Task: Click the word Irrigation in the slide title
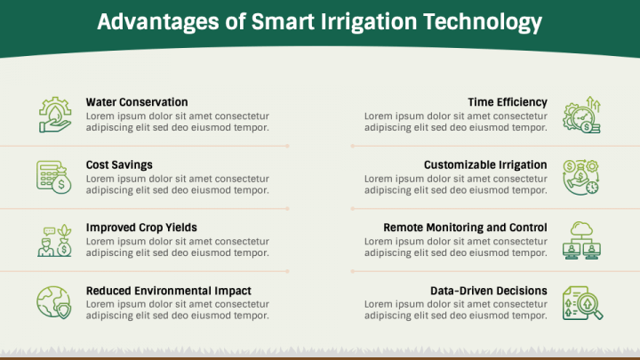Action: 369,22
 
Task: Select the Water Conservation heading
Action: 137,102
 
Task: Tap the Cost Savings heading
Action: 119,165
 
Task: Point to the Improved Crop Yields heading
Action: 141,228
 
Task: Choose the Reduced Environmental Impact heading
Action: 169,291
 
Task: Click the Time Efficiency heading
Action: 508,102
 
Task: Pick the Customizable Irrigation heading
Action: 485,165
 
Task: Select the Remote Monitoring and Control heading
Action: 465,228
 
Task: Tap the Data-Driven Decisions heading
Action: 489,291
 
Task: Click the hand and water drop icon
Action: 55,115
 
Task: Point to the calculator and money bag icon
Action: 54,177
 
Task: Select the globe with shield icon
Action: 54,302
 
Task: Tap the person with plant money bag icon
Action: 55,240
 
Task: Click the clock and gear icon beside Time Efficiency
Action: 581,115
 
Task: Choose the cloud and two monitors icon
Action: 581,240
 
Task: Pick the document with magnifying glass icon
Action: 582,303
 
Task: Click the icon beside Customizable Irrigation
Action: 580,177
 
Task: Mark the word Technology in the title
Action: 483,22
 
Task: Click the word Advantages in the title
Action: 158,22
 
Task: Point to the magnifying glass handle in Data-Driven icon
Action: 598,315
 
